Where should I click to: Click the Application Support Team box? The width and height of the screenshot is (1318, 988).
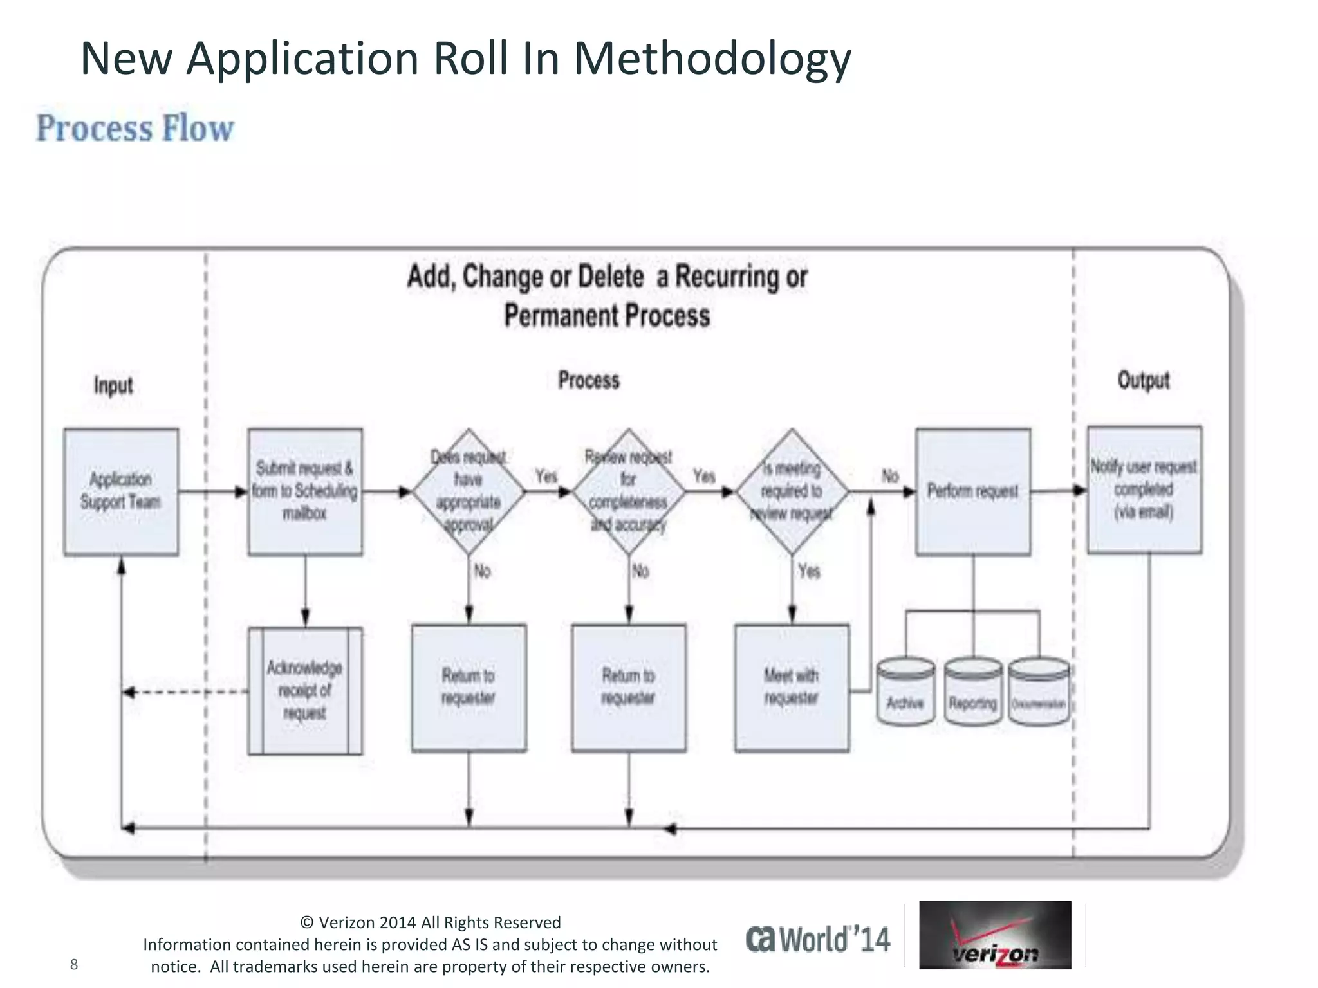click(x=121, y=491)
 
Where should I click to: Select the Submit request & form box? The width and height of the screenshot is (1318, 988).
click(x=305, y=491)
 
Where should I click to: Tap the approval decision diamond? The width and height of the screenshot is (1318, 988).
click(x=469, y=491)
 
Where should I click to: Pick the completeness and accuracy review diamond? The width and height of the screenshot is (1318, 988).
click(x=628, y=491)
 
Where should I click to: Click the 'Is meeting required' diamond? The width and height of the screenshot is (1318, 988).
click(x=792, y=491)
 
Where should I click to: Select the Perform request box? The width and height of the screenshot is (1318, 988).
click(x=972, y=491)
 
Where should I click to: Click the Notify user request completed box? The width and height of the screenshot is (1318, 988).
click(x=1144, y=489)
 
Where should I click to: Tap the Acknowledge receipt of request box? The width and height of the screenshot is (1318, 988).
click(x=305, y=690)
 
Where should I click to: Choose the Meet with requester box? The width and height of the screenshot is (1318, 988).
click(x=792, y=687)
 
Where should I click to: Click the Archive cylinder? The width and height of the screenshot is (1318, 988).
click(x=905, y=692)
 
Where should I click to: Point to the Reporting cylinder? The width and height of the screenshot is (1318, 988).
click(x=972, y=692)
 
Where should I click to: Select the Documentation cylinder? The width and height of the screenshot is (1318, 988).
click(x=1038, y=692)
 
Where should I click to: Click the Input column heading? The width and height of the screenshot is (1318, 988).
click(x=113, y=385)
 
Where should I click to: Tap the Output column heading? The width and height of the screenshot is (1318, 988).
click(x=1143, y=380)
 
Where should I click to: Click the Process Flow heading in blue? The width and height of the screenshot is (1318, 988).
click(x=135, y=128)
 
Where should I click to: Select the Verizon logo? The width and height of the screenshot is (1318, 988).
click(x=995, y=935)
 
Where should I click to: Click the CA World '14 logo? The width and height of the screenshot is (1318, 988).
click(x=818, y=939)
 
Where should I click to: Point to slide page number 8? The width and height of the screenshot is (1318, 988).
click(x=74, y=964)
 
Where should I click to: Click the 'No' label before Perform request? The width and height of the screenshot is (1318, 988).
click(x=890, y=476)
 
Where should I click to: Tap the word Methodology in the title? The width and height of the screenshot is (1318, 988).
click(x=712, y=59)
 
